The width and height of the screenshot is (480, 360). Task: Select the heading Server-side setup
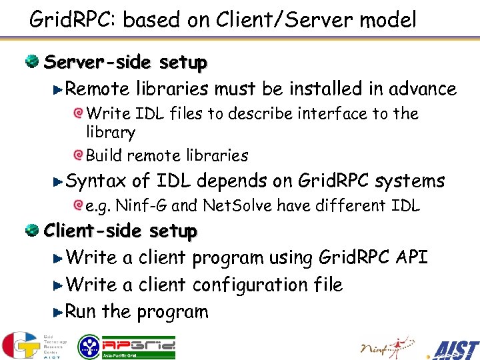pyautogui.click(x=125, y=63)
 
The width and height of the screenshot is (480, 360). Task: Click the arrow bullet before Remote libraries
pyautogui.click(x=58, y=89)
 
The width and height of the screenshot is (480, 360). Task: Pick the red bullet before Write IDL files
pyautogui.click(x=79, y=114)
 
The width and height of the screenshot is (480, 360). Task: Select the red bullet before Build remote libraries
pyautogui.click(x=79, y=155)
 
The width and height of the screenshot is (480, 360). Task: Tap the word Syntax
pyautogui.click(x=97, y=181)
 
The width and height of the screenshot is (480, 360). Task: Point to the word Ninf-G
pyautogui.click(x=137, y=206)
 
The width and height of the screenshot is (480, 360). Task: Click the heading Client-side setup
pyautogui.click(x=121, y=231)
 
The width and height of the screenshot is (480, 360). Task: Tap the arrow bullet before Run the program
pyautogui.click(x=58, y=311)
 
